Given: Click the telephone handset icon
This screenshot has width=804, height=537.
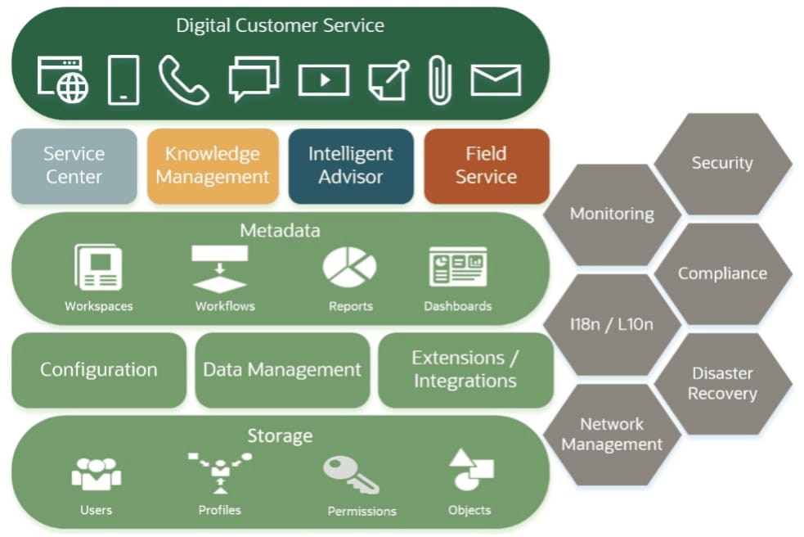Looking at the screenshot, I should [183, 79].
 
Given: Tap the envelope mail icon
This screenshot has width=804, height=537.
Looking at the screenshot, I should [496, 80].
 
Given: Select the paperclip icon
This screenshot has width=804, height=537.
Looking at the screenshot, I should [440, 80].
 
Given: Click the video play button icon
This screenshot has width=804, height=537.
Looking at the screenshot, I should [323, 80].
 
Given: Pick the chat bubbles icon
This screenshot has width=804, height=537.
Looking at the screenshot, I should [254, 79].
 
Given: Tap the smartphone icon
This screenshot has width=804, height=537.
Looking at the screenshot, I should [124, 80].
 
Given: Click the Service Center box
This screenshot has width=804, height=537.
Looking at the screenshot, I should [74, 165].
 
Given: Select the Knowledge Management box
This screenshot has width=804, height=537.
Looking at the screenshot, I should [213, 165].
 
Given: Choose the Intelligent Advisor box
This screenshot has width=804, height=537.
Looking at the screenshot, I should [351, 165].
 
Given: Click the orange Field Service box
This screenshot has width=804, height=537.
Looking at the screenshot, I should [486, 165].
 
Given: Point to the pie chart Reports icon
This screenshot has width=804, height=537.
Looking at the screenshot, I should [350, 268].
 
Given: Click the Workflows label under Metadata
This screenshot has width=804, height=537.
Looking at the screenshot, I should [225, 306].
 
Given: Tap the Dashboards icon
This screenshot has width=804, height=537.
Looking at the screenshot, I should [458, 268].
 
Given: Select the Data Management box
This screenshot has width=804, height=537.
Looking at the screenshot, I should [282, 370].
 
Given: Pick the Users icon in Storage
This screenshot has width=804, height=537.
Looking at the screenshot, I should [97, 474].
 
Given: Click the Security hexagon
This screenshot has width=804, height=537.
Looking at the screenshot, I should [722, 163].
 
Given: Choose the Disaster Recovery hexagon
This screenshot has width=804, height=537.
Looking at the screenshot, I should [722, 383].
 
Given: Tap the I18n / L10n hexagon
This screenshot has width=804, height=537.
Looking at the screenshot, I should [612, 324].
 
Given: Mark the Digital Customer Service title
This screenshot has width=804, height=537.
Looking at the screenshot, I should [280, 25].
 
